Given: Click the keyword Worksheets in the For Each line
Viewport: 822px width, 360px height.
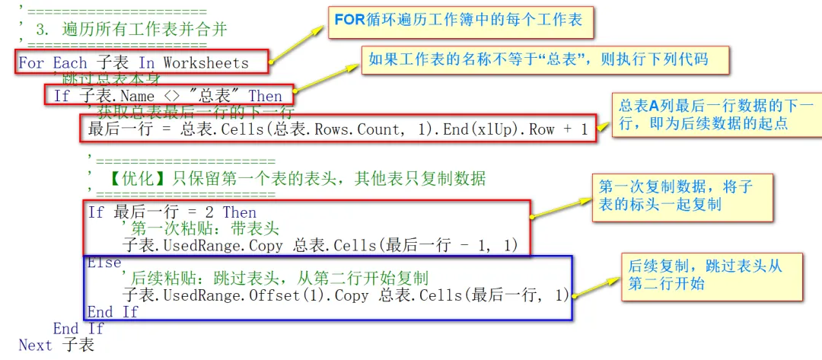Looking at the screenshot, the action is click(205, 62).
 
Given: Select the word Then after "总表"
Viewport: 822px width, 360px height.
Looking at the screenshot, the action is click(265, 96).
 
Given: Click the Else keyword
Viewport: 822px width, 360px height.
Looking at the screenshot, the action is click(104, 263).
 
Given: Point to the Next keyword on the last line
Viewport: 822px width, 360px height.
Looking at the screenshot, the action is click(36, 345).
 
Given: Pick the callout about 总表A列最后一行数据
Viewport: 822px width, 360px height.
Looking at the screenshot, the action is click(716, 114).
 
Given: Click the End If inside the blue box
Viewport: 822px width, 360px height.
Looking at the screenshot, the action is click(113, 312).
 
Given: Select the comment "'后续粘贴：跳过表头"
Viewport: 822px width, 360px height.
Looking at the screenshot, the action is click(275, 278).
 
